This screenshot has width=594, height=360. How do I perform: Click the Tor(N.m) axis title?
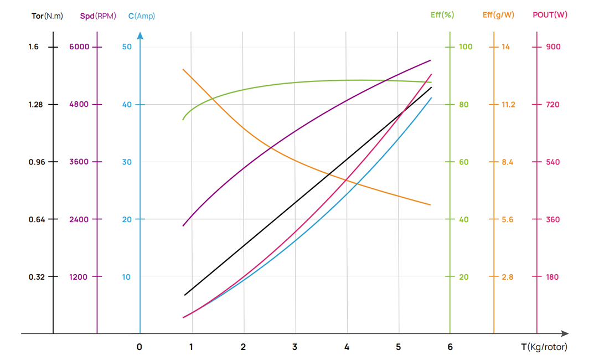point(47,16)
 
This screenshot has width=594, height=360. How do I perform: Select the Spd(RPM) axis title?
point(98,16)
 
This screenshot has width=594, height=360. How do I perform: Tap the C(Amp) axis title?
point(142,16)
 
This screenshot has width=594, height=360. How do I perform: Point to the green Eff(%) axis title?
point(442,15)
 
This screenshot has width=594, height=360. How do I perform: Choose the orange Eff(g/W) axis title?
point(498,15)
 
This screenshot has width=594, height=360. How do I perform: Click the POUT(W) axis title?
point(550,15)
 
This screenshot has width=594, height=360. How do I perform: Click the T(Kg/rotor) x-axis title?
point(544,347)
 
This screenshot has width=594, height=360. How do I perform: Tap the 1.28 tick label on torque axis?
point(34,104)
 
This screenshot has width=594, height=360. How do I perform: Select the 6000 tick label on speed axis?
point(79,47)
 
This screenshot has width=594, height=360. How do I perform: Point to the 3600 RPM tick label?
point(79,162)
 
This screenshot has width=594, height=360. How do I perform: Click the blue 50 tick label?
point(127,47)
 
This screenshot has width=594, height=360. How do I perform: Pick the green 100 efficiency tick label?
point(466,47)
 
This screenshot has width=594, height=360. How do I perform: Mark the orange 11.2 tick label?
point(508,104)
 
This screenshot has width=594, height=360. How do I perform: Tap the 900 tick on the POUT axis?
point(553,47)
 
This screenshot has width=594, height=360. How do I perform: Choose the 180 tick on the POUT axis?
point(552,277)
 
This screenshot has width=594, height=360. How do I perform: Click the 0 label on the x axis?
point(139,347)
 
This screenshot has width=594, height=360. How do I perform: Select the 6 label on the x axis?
point(450,347)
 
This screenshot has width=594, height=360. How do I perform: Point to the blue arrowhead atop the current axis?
point(140,36)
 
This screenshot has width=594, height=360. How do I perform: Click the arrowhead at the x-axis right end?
point(565,333)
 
